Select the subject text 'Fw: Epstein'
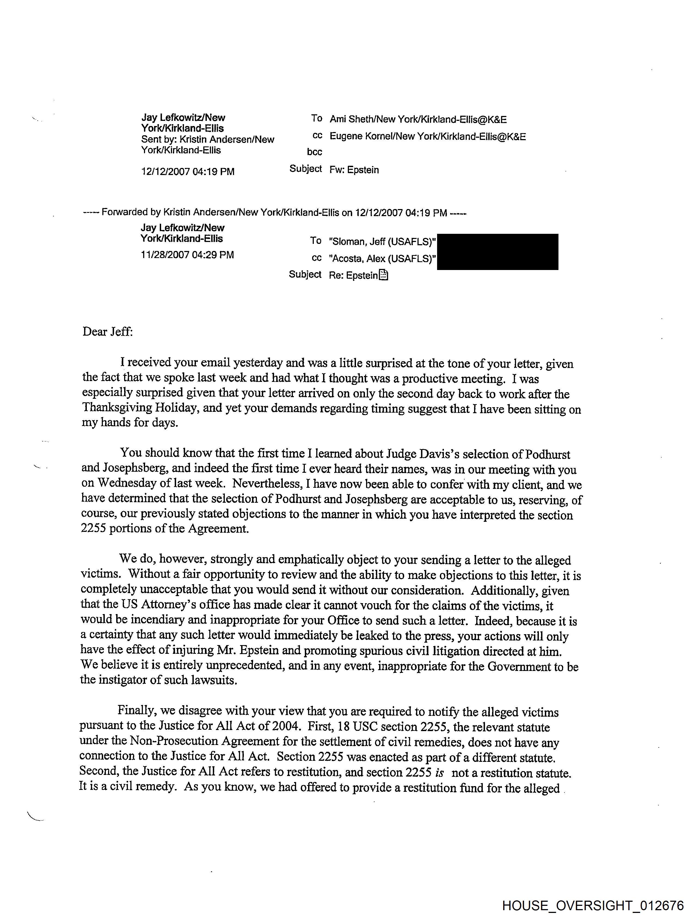[354, 170]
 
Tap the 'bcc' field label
[314, 152]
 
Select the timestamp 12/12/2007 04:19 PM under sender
[188, 172]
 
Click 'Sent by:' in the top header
[159, 140]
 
